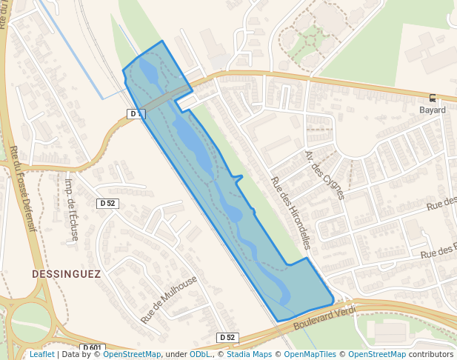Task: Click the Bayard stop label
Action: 433,110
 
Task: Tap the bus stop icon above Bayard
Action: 433,98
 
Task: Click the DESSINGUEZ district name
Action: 66,273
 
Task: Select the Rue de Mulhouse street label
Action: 169,299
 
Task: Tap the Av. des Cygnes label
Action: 324,175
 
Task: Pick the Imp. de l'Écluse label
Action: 72,210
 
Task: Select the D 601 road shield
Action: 93,348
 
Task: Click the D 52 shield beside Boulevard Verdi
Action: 227,338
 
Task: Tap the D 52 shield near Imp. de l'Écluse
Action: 107,203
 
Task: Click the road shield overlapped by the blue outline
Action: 134,113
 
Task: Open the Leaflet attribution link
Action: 41,355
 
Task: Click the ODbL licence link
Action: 200,355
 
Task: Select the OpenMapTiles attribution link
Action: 310,355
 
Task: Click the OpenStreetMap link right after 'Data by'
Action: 132,355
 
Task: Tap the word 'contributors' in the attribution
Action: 431,355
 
